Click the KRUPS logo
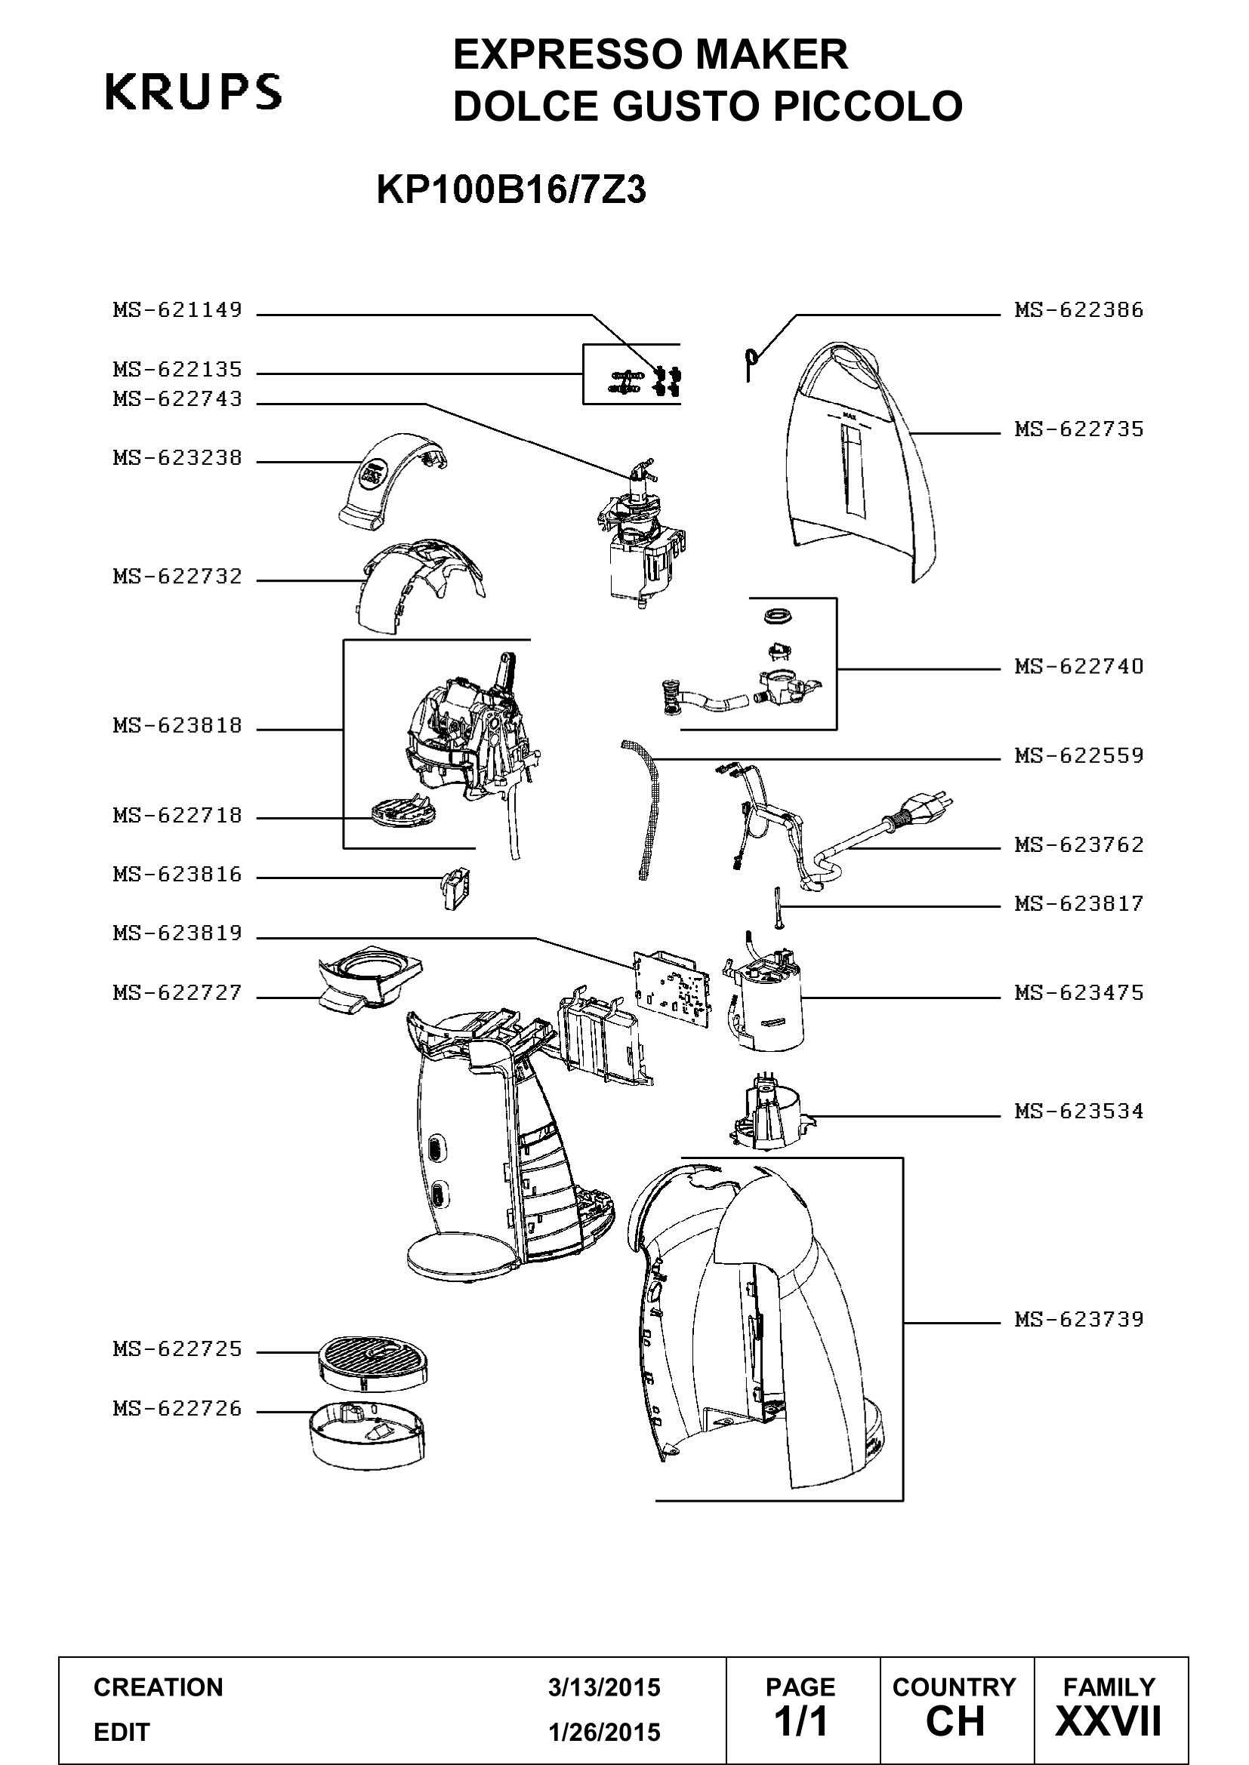193,92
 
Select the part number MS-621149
177,310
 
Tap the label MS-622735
1079,429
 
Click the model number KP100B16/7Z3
511,190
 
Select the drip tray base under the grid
367,1435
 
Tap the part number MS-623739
1079,1320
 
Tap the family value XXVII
1109,1721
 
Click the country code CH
955,1721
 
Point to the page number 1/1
801,1721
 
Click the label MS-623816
177,875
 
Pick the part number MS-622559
1079,755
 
